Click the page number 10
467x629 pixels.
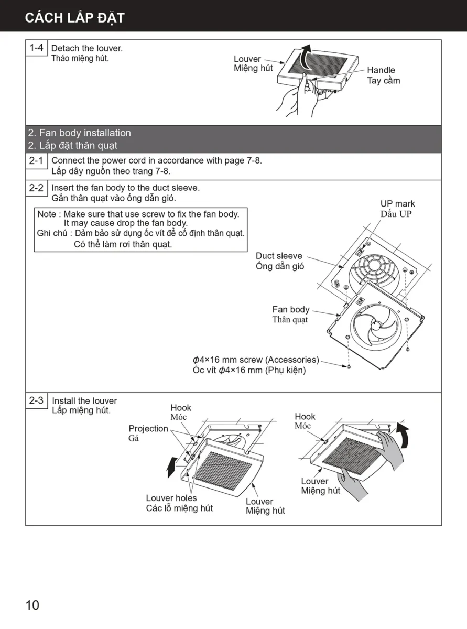pyautogui.click(x=32, y=605)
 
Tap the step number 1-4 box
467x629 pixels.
pyautogui.click(x=37, y=48)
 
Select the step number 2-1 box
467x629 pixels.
pyautogui.click(x=36, y=161)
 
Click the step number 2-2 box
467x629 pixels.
pyautogui.click(x=36, y=188)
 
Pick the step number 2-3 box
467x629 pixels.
pyautogui.click(x=37, y=400)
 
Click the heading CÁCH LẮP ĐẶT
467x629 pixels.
pyautogui.click(x=74, y=18)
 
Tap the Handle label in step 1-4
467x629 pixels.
pyautogui.click(x=382, y=70)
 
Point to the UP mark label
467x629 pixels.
pyautogui.click(x=397, y=204)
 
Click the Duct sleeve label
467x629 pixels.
pyautogui.click(x=279, y=256)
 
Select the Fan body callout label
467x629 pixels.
pyautogui.click(x=291, y=310)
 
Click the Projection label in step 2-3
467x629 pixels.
pyautogui.click(x=148, y=429)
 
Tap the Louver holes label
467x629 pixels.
pyautogui.click(x=171, y=498)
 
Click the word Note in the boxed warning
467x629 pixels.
pyautogui.click(x=47, y=214)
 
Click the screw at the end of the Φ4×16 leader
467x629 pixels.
pyautogui.click(x=349, y=367)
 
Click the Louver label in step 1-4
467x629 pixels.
pyautogui.click(x=247, y=59)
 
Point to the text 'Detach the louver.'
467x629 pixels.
pyautogui.click(x=87, y=49)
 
